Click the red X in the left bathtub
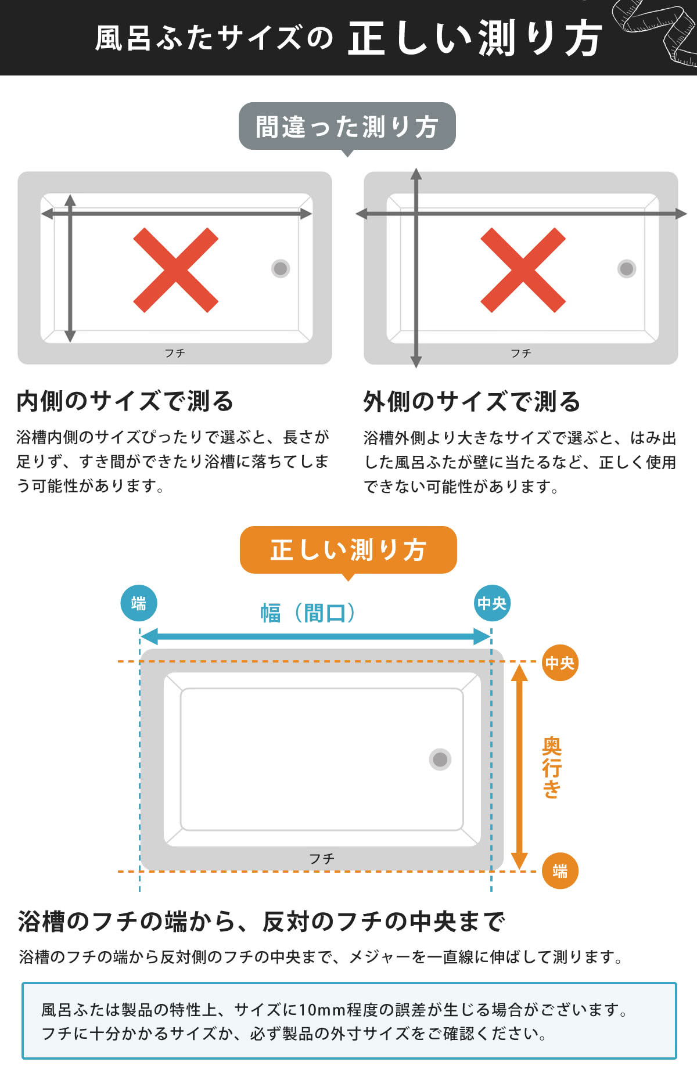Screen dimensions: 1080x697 coord(175,270)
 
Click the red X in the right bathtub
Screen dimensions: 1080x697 coord(523,270)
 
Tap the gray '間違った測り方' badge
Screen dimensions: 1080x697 coord(347,127)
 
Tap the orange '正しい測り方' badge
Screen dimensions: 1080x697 coord(348,550)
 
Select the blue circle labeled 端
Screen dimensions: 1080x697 coord(139,603)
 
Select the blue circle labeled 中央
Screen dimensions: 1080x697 coord(492,603)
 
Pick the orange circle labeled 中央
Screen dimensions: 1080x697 coord(559,663)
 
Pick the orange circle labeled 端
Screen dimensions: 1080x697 coord(560,870)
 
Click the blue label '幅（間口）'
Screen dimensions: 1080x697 coord(308,613)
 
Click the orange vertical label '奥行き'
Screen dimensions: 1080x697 coord(551,768)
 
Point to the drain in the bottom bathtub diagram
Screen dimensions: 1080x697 coord(440,759)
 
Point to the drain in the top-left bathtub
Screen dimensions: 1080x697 coord(281,268)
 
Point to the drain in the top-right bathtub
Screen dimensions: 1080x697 coord(627,268)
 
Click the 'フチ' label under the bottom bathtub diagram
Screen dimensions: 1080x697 coord(321,858)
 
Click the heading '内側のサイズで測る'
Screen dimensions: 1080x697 coord(125,401)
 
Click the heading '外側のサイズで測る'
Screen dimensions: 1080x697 coord(472,401)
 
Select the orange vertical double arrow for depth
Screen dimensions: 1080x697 coord(519,766)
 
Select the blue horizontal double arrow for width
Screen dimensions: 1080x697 coord(315,636)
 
